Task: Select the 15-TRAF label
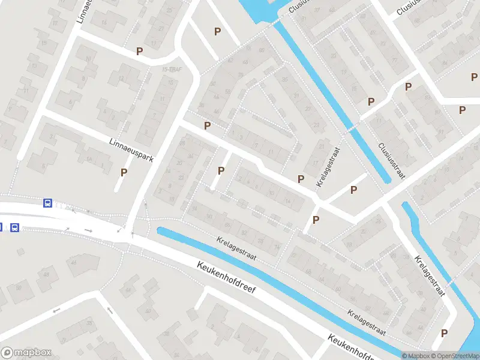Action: [172, 70]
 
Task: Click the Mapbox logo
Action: [26, 352]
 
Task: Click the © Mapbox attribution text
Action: [417, 356]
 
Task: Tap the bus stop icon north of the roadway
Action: [47, 203]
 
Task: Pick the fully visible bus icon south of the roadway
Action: [14, 227]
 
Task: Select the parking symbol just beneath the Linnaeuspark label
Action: [124, 172]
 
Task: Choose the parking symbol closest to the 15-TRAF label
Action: [140, 52]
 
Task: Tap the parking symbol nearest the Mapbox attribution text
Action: [445, 333]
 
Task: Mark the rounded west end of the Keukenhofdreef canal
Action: [161, 230]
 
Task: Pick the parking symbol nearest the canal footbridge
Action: [371, 102]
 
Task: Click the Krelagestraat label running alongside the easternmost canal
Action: [430, 275]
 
